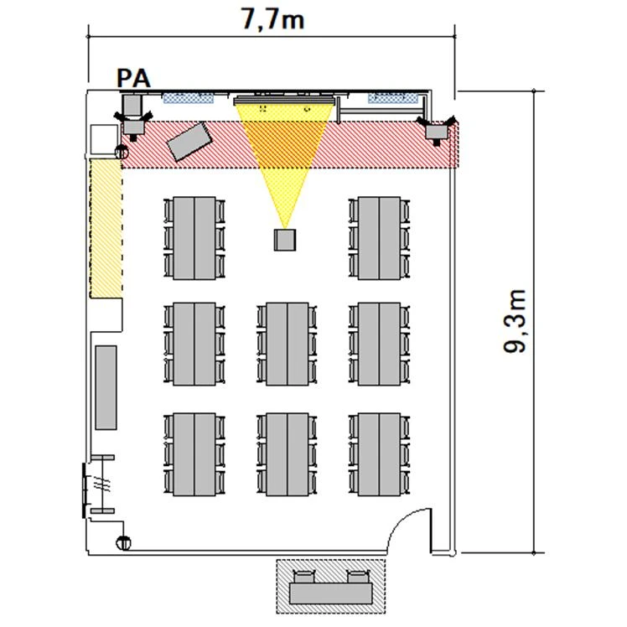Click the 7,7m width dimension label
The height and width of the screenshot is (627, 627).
[272, 18]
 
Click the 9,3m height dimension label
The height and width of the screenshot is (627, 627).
[515, 321]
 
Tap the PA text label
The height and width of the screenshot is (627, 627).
[133, 79]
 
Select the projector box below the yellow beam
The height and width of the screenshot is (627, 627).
[285, 240]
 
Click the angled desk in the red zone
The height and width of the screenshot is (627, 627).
[189, 141]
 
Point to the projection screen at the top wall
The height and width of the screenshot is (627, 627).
[283, 100]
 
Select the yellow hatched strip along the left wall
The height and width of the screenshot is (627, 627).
[106, 228]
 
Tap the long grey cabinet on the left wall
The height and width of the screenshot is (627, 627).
[106, 387]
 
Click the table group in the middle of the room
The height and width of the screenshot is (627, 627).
[288, 344]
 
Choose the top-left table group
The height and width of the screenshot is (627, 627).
[194, 238]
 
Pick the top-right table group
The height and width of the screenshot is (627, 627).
[379, 238]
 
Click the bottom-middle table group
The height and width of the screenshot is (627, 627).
[288, 454]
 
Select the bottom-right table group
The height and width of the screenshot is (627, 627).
[379, 454]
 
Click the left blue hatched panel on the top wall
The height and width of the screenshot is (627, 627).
[188, 98]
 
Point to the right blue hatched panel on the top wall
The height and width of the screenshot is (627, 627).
[393, 98]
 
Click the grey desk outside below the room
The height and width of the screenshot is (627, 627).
[331, 593]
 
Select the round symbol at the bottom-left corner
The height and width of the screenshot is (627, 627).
[123, 542]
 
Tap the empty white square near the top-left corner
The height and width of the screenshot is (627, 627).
[104, 139]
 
